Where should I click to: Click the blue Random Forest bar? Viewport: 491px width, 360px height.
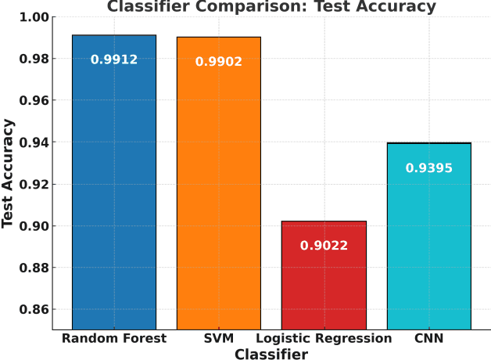(114, 188)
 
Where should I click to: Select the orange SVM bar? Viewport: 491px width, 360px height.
(219, 188)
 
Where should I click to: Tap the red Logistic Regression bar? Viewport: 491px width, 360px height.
(324, 282)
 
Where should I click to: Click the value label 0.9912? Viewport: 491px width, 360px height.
(114, 59)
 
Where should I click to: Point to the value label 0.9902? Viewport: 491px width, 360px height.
(219, 62)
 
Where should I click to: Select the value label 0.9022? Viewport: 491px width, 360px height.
(324, 246)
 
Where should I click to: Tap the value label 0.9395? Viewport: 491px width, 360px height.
(428, 168)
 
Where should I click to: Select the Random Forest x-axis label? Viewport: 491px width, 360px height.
(114, 339)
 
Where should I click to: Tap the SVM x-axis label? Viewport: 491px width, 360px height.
(219, 339)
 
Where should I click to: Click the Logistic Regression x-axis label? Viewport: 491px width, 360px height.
(324, 339)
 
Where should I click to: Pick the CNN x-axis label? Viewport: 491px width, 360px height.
(428, 339)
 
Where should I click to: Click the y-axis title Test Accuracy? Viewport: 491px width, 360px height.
(9, 173)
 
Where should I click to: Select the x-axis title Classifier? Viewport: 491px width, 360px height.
(271, 354)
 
